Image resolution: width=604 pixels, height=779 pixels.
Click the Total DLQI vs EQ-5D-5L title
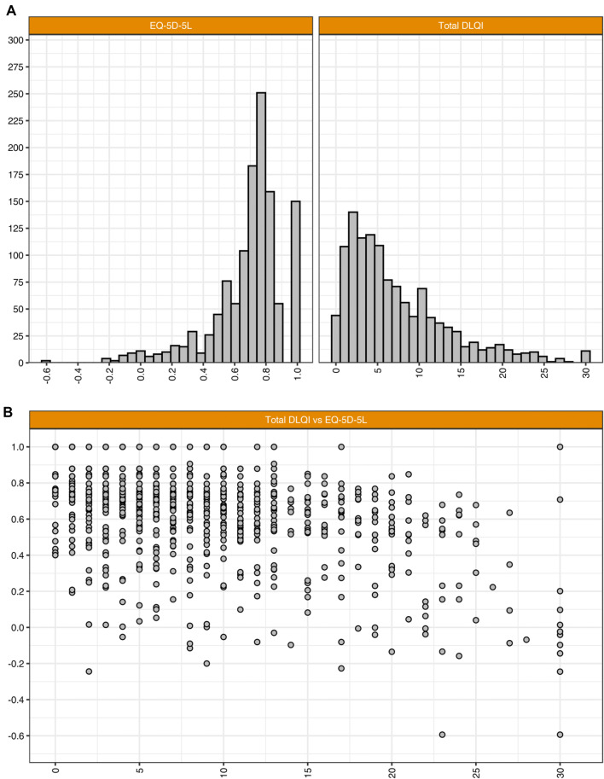tap(316, 420)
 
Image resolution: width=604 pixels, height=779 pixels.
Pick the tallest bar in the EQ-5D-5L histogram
tap(261, 227)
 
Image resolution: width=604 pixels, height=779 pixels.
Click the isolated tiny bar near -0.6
tap(46, 361)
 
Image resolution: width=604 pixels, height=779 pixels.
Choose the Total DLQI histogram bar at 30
tap(585, 357)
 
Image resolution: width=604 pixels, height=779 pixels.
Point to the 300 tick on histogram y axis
tap(16, 40)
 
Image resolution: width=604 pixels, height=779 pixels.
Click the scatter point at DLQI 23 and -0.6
tap(442, 734)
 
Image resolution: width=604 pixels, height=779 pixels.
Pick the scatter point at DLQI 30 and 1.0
tap(560, 446)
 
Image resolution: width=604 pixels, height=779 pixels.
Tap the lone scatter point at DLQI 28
tap(526, 639)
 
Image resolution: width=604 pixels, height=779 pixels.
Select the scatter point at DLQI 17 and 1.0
tap(341, 446)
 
